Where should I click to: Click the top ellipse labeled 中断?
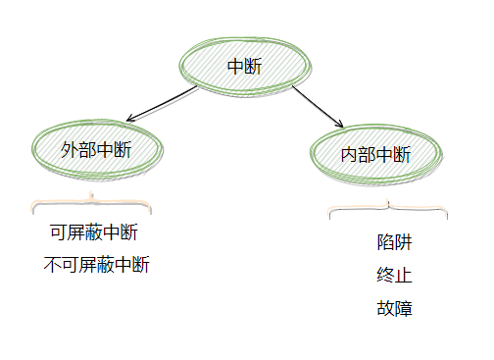[244, 67]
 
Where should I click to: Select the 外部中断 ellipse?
[96, 150]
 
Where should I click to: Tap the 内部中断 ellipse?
[376, 155]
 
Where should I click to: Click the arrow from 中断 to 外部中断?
[162, 104]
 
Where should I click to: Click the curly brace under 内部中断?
[388, 209]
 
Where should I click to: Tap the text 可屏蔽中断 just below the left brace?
[93, 232]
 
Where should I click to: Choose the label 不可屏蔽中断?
[97, 265]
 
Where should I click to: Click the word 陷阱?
[394, 241]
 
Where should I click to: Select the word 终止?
[394, 275]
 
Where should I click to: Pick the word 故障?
[394, 308]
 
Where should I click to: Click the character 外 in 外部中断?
[69, 150]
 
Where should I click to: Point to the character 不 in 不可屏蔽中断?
[53, 265]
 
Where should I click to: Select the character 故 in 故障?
[385, 308]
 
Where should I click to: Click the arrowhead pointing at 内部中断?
[340, 126]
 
